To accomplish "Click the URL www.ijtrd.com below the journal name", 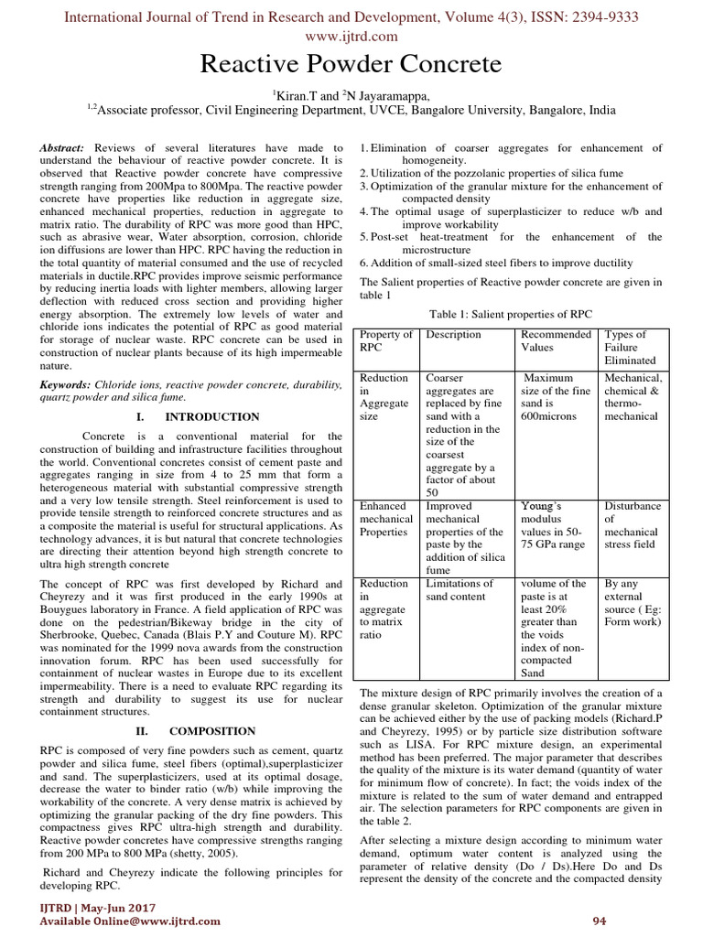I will (x=351, y=36).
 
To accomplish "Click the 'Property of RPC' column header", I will (x=385, y=341).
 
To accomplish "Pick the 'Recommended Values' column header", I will (x=556, y=341).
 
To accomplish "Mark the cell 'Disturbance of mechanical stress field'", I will (x=632, y=524).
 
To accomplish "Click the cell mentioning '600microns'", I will (x=555, y=396).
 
